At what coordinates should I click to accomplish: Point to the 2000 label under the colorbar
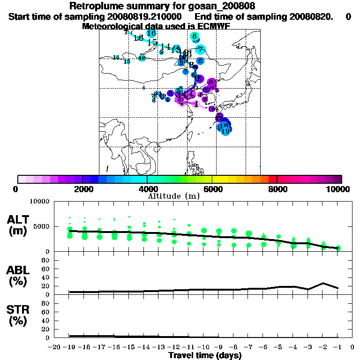(82, 189)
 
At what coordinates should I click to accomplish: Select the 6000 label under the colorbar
(212, 189)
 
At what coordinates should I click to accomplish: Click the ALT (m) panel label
(19, 225)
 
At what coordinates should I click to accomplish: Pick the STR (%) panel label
(19, 315)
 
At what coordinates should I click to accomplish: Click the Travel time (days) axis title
(205, 356)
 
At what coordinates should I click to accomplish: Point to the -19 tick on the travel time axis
(69, 348)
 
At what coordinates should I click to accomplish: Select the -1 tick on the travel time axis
(337, 348)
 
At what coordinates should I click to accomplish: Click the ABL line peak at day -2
(323, 283)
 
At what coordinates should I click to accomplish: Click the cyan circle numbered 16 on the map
(151, 33)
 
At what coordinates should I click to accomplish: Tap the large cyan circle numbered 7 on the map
(200, 49)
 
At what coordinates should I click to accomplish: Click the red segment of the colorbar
(273, 179)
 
